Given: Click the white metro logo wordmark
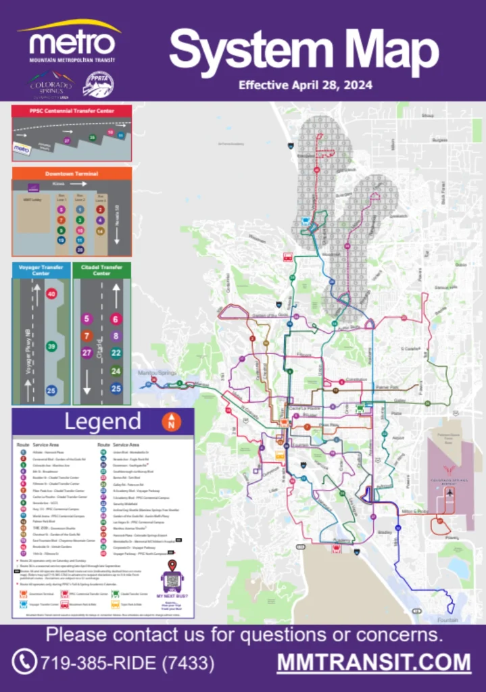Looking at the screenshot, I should coord(72,45).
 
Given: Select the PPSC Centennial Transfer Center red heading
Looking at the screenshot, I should coord(71,110).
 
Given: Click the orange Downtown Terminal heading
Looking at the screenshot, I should coord(71,174).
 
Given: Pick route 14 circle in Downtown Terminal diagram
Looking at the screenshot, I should coord(100,230).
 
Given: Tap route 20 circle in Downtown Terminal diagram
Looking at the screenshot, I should coord(80,249).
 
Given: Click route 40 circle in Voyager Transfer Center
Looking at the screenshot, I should coord(51,294).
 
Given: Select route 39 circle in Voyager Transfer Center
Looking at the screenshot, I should coord(51,347).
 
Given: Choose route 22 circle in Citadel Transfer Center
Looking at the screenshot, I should coord(116,353).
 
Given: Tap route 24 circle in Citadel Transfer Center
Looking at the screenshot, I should coord(116,370).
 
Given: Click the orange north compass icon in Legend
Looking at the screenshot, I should coord(171,422).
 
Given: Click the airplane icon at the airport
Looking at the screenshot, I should coord(449,493).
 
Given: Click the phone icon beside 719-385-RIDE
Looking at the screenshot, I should coord(24,662).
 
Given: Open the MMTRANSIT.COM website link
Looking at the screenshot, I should coord(374,662).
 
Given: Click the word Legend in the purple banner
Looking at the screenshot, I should coord(103,422).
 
